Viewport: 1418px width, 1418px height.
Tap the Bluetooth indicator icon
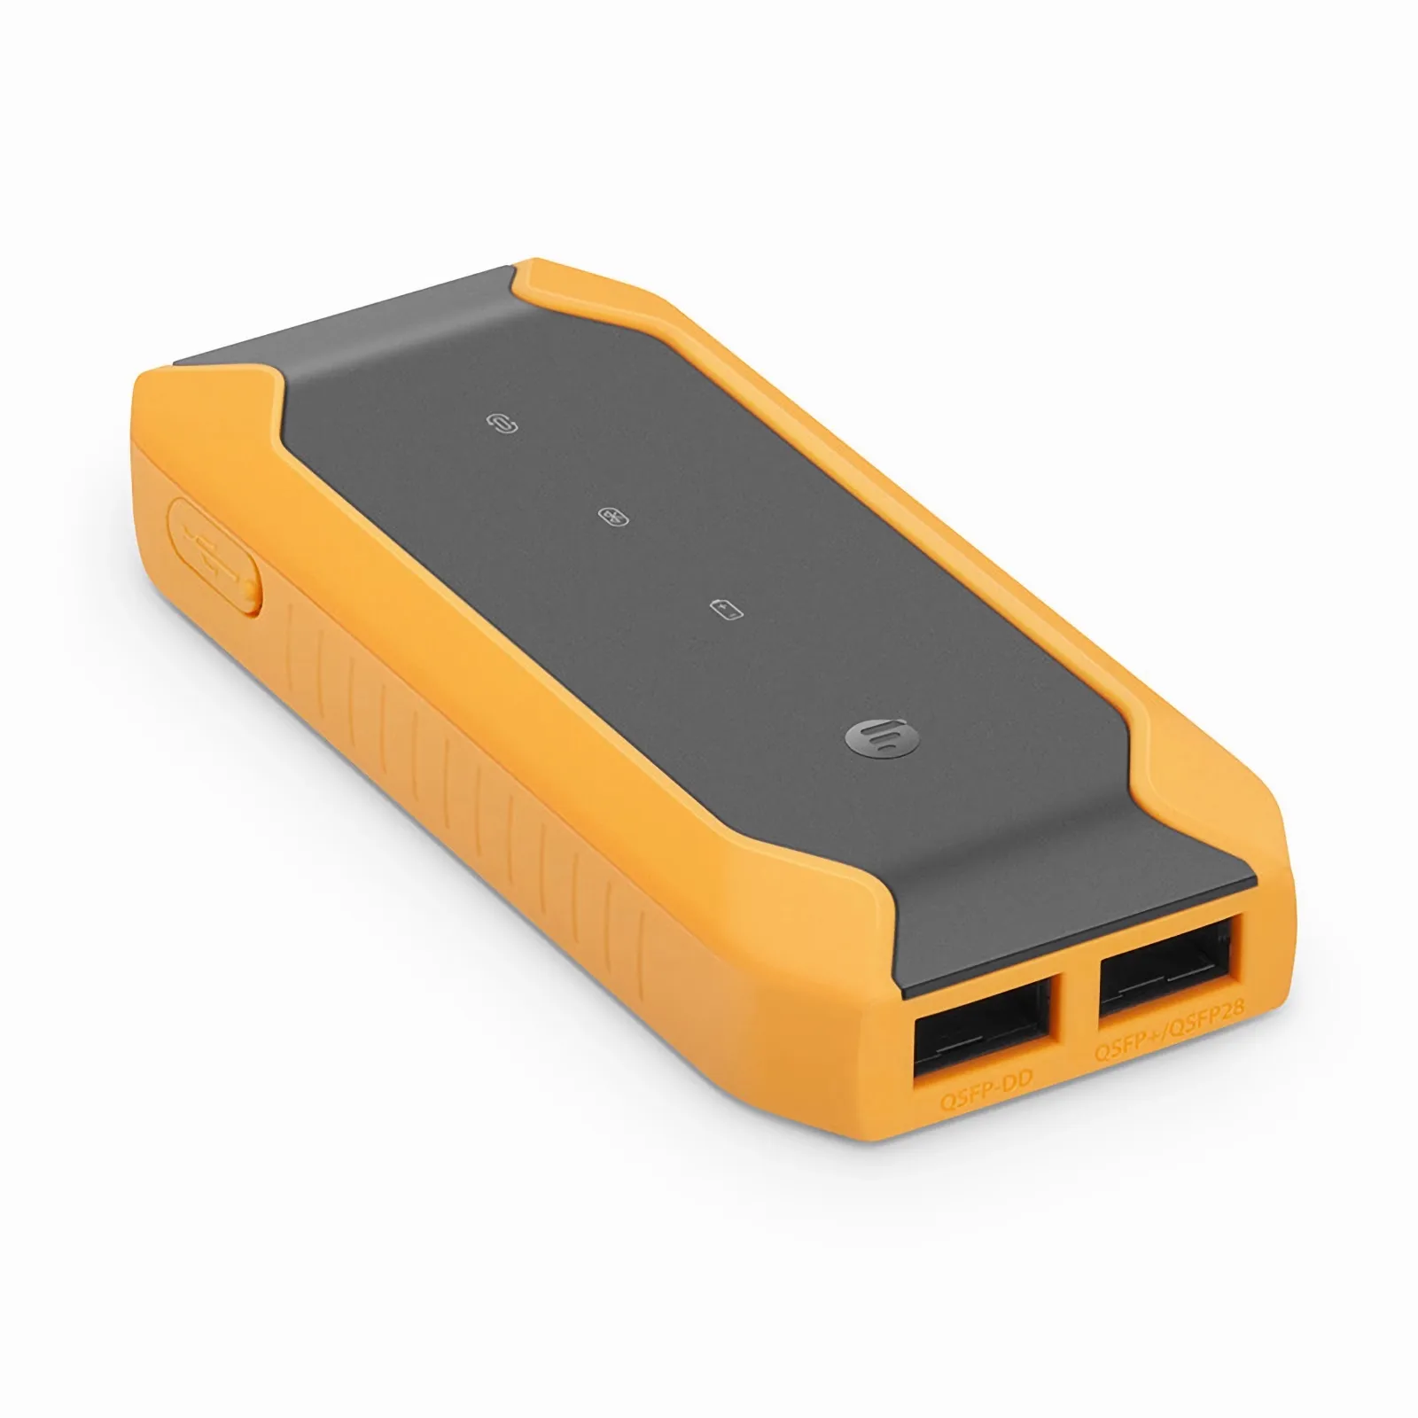point(612,517)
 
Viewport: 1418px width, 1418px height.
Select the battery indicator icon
point(727,609)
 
